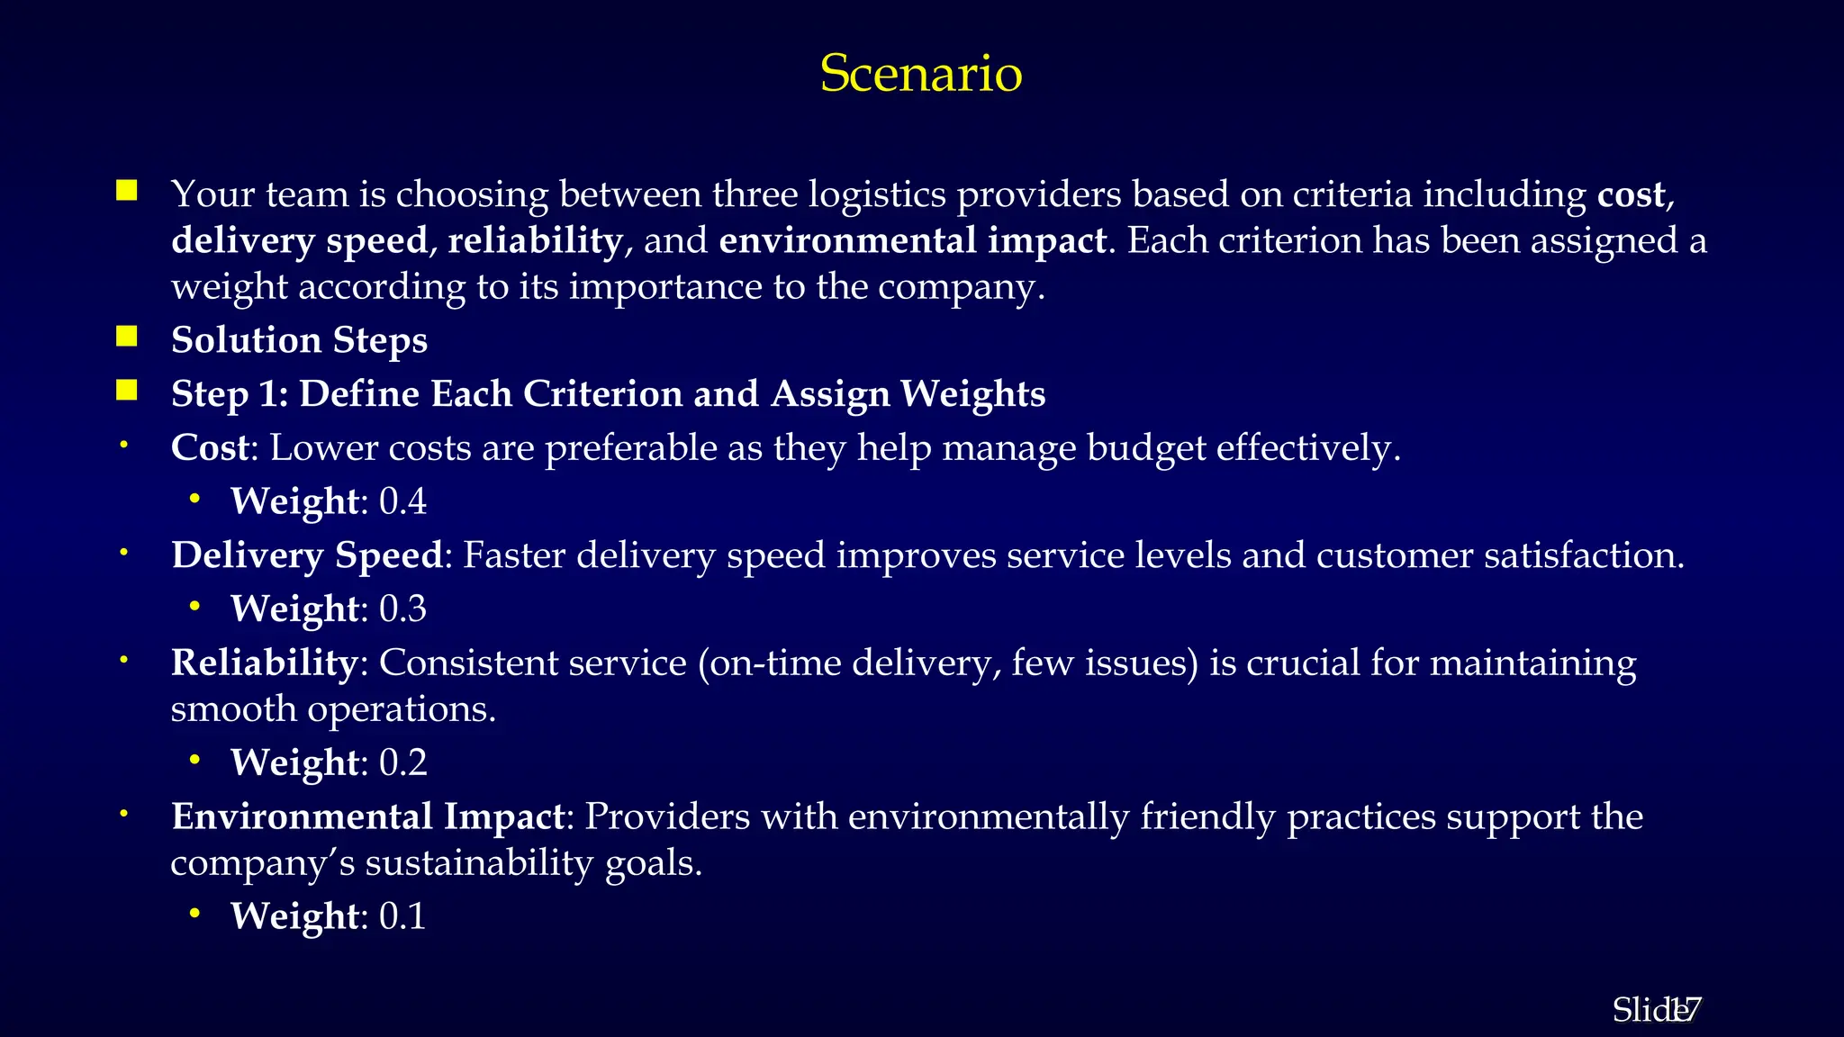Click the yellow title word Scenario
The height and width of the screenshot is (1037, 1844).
point(920,73)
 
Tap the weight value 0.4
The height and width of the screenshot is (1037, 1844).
point(402,501)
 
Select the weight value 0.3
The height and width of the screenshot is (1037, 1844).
point(402,609)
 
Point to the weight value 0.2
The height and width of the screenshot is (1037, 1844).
point(402,763)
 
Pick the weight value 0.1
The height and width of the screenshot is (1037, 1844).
point(402,916)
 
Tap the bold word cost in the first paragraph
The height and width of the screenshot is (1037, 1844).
point(1631,194)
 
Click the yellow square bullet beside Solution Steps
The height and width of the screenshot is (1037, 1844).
point(126,337)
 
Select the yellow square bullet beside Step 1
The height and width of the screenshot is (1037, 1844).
point(126,391)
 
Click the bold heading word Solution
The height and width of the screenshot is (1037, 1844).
point(246,340)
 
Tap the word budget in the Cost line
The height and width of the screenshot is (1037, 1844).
point(1146,448)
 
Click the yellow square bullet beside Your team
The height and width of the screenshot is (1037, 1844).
point(126,190)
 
